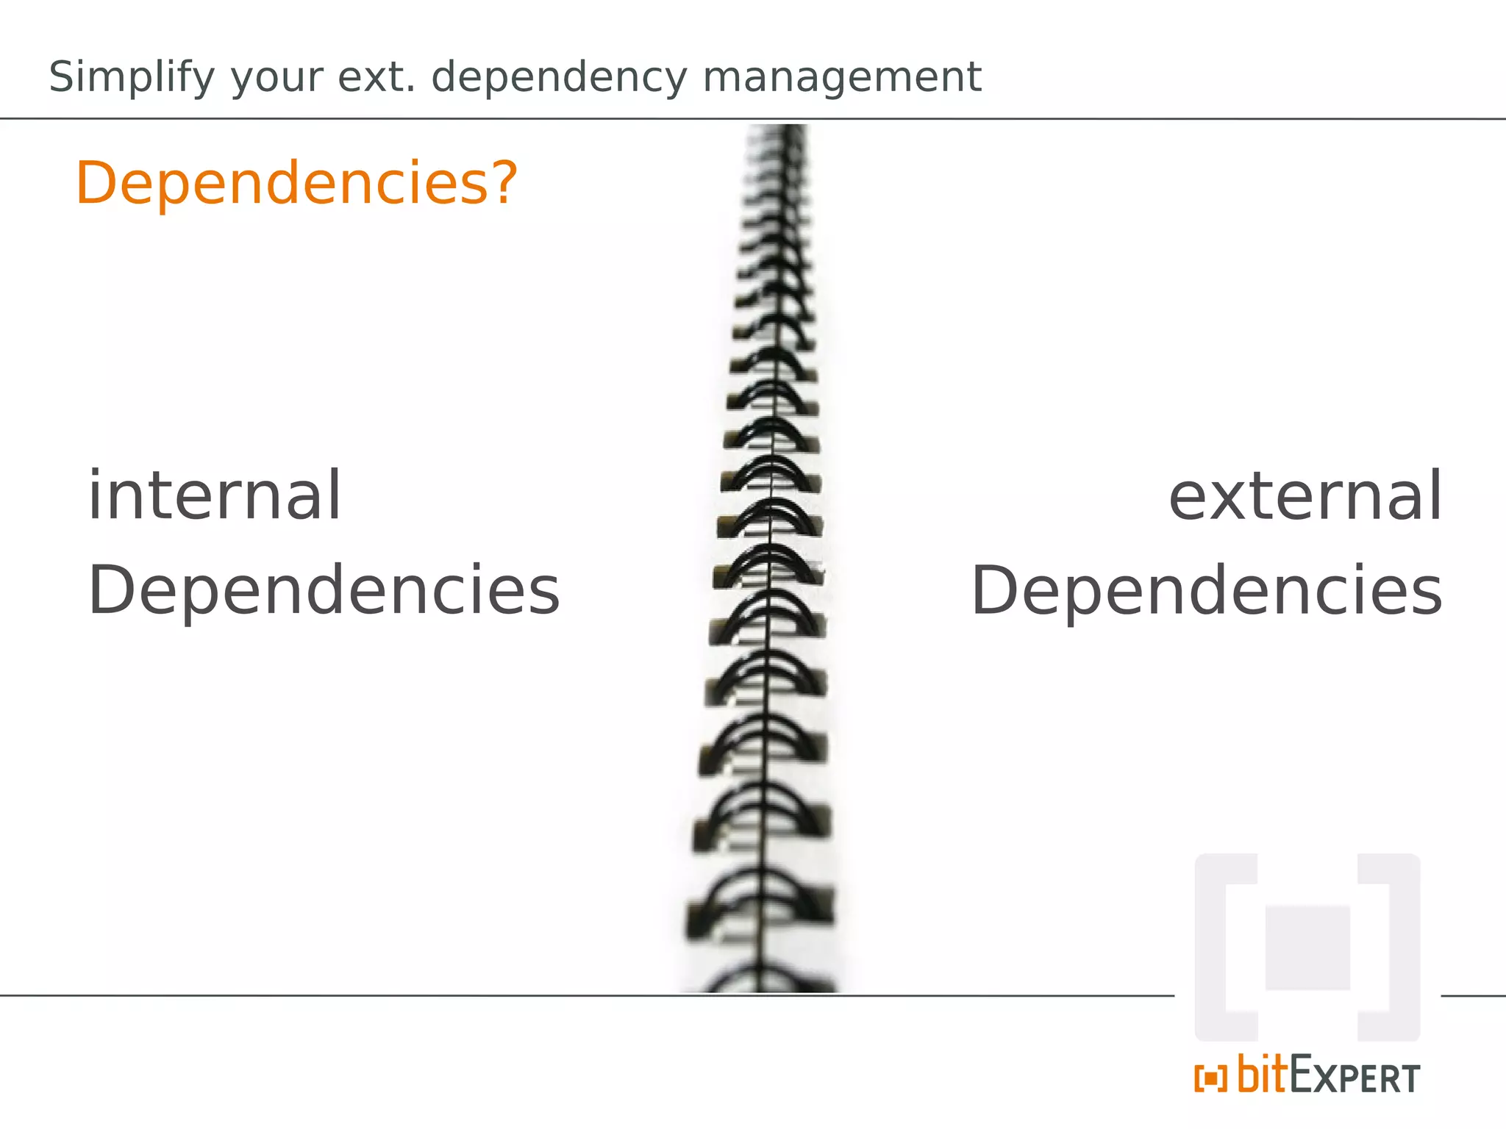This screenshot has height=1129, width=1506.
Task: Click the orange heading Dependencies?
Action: click(296, 183)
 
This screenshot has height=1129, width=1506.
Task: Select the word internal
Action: click(214, 496)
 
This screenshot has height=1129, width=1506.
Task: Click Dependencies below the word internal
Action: click(324, 592)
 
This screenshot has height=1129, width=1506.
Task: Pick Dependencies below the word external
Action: click(1207, 592)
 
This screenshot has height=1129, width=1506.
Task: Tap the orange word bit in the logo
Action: click(1262, 1075)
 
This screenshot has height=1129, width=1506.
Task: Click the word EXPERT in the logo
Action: click(1355, 1078)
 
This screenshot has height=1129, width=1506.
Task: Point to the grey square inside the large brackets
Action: click(1307, 948)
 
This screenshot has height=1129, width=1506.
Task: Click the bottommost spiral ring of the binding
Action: click(765, 978)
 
